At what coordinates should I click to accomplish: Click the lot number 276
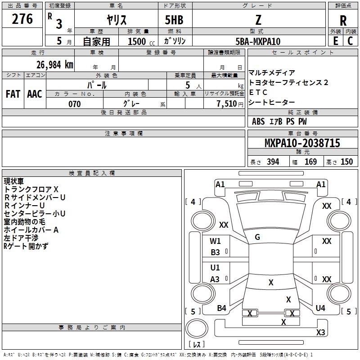click(x=22, y=19)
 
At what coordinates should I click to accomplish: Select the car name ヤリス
click(x=116, y=20)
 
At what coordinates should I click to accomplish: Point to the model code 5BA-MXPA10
click(x=258, y=41)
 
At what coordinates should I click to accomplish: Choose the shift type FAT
click(x=13, y=94)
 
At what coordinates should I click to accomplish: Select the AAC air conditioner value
click(x=35, y=94)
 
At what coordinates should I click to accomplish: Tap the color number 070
click(x=74, y=104)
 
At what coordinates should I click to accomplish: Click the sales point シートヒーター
click(x=272, y=103)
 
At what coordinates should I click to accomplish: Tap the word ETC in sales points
click(x=258, y=92)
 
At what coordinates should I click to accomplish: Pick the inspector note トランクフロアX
click(x=31, y=189)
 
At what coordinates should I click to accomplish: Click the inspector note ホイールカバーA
click(x=31, y=229)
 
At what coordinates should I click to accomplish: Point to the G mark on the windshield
click(x=257, y=237)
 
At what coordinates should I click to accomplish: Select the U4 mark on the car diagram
click(x=320, y=308)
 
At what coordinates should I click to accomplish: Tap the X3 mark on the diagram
click(x=320, y=333)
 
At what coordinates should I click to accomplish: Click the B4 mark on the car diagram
click(x=221, y=308)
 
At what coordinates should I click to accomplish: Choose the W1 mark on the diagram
click(x=216, y=241)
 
